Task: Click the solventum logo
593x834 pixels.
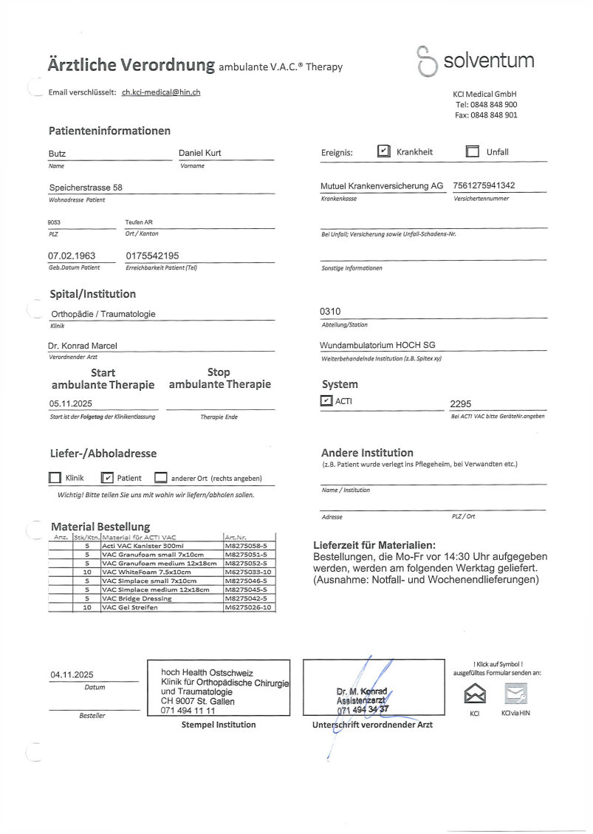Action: tap(476, 61)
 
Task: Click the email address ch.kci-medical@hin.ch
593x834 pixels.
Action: tap(161, 92)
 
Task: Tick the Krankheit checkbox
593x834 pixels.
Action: tap(384, 151)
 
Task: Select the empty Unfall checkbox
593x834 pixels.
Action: tap(473, 152)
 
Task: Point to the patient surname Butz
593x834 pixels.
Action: tap(57, 154)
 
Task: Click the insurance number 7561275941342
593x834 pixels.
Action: tap(484, 186)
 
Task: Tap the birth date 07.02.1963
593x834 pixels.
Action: tap(72, 256)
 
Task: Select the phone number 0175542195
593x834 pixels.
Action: tap(152, 256)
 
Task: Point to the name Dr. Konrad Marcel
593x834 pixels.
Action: tap(83, 345)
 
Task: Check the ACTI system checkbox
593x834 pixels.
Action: tap(326, 401)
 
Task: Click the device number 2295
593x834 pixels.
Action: tap(460, 404)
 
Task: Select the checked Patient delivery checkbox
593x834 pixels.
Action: tap(107, 478)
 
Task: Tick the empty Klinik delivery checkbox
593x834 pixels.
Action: tap(55, 478)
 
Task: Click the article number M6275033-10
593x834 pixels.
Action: tap(248, 572)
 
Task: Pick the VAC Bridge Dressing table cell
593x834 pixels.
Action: tap(161, 598)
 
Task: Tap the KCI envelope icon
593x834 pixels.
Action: tap(474, 694)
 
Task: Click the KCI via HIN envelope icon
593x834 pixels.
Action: tap(515, 694)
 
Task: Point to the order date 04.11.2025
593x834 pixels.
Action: tap(72, 674)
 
